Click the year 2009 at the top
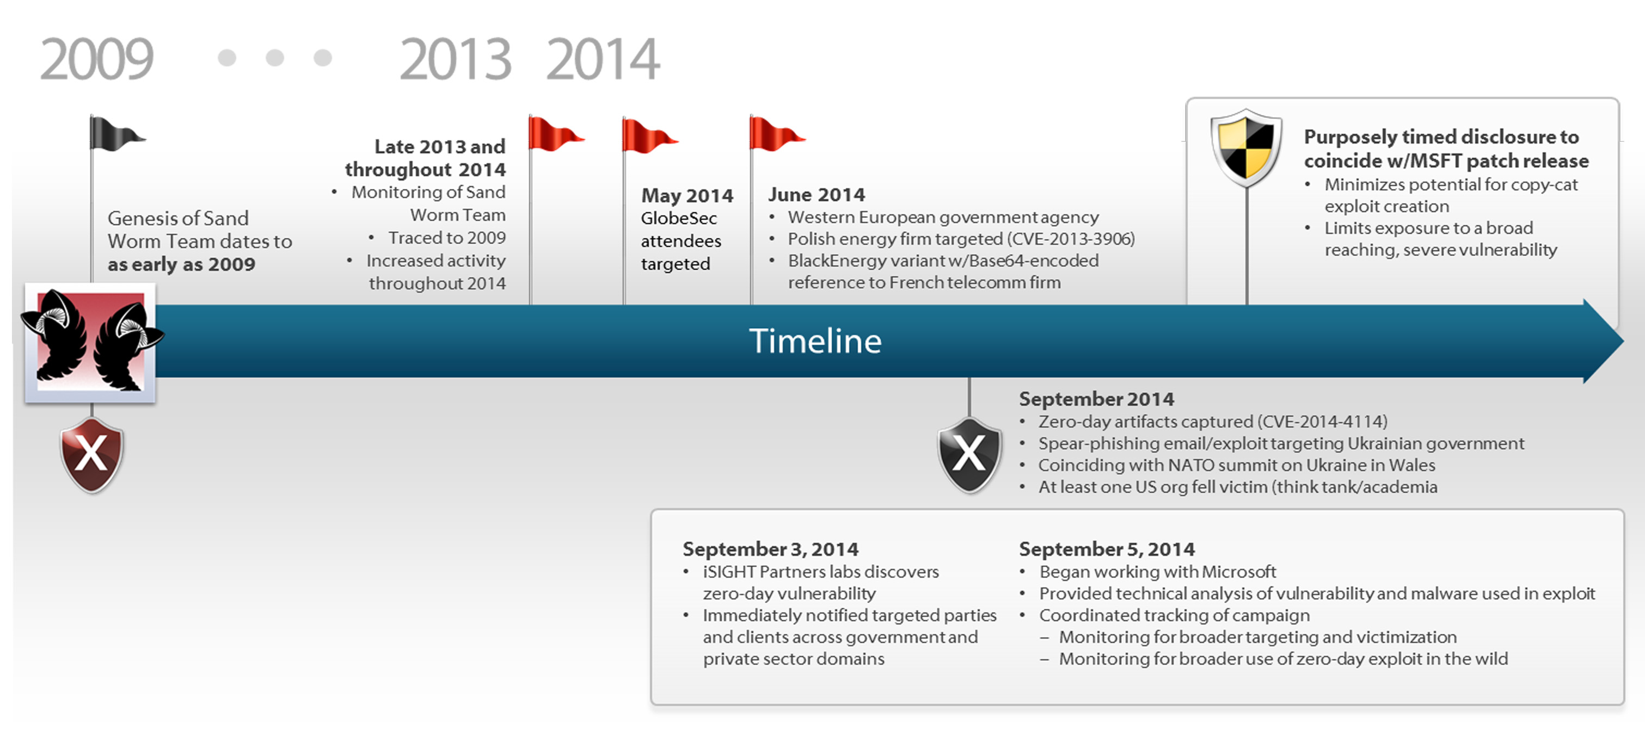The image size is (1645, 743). tap(96, 59)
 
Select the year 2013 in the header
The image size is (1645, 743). tap(455, 59)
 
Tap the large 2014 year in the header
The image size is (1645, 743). tap(603, 59)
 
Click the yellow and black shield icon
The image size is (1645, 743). tap(1246, 147)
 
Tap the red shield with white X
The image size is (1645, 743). tap(92, 455)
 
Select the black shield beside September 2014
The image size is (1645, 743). tap(969, 455)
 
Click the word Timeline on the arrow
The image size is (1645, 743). tap(815, 341)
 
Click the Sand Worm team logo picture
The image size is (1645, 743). tap(91, 342)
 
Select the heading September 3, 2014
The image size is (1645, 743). tap(770, 549)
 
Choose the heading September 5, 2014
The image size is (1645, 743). tap(1107, 549)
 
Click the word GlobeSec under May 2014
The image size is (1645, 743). tap(679, 218)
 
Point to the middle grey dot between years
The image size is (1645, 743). tap(274, 58)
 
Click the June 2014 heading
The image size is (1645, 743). tap(816, 195)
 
